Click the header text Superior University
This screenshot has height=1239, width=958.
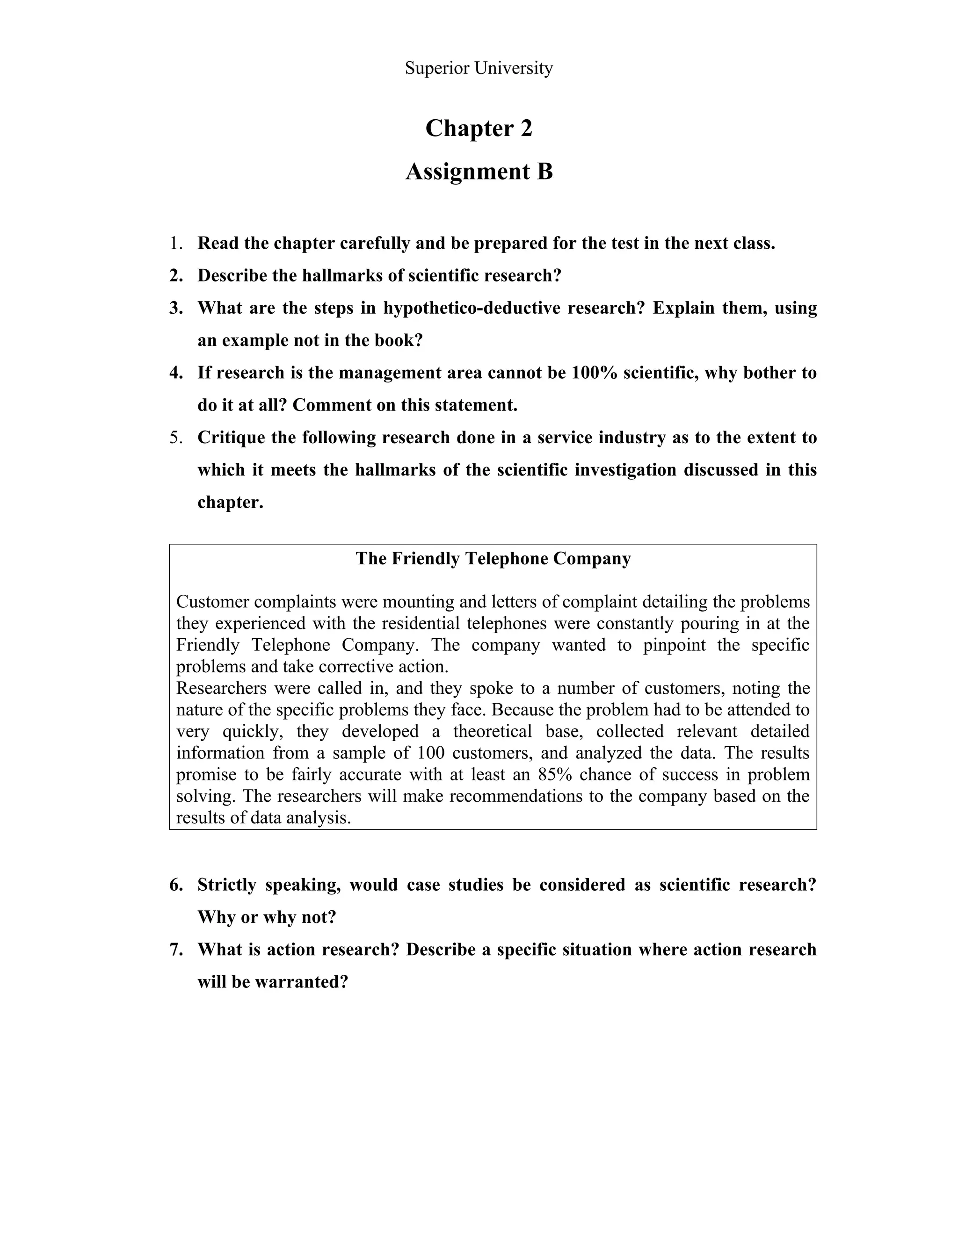pos(479,68)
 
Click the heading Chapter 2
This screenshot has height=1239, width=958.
pos(479,128)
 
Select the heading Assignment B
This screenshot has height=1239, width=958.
pos(479,171)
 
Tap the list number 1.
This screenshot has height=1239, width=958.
pos(175,244)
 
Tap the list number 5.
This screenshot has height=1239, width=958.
pos(175,438)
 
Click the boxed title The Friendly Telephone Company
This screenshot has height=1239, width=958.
pos(493,559)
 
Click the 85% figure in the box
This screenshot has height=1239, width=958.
pos(553,774)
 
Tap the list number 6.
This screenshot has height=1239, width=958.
pos(175,885)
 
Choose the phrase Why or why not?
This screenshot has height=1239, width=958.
pos(267,917)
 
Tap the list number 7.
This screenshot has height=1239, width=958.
pos(175,950)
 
